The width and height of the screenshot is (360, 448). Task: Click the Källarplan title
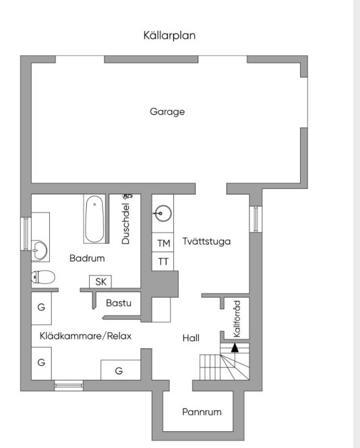(169, 36)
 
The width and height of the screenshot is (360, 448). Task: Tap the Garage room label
(167, 111)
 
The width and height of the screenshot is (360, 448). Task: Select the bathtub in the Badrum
(94, 219)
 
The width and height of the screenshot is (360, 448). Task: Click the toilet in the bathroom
(43, 277)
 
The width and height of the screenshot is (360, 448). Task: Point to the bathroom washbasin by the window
(39, 250)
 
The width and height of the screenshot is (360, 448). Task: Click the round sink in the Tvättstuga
(162, 213)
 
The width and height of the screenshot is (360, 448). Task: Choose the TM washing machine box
(162, 242)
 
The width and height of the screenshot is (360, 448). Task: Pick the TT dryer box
(162, 261)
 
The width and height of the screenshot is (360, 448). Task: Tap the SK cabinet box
(100, 282)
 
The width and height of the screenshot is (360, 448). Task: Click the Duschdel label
(125, 223)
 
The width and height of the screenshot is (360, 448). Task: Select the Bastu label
(119, 303)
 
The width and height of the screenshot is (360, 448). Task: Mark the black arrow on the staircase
(235, 347)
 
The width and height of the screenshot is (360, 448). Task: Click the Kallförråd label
(237, 318)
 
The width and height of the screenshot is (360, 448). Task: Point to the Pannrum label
(202, 412)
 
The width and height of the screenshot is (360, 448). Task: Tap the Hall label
(191, 338)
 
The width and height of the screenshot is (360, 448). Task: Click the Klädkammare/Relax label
(86, 336)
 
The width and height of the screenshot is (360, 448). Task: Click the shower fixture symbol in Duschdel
(127, 196)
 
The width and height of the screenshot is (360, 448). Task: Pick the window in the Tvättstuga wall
(256, 219)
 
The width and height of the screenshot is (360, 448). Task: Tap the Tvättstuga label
(206, 242)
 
